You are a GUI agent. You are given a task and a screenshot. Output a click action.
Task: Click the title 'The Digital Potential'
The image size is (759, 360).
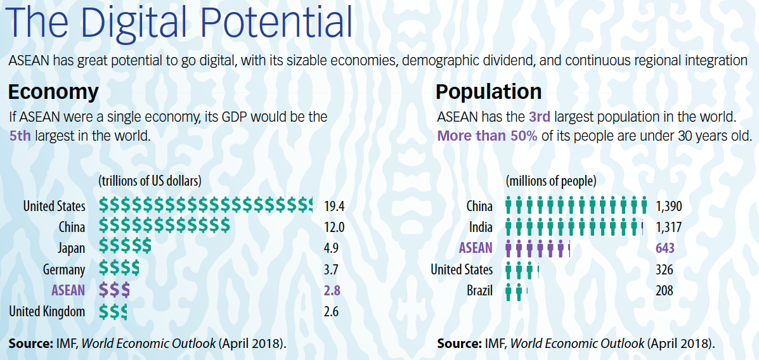click(179, 23)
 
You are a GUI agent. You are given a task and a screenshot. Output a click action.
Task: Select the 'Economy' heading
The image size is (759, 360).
click(53, 92)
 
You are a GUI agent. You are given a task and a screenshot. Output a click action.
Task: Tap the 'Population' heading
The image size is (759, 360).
click(488, 92)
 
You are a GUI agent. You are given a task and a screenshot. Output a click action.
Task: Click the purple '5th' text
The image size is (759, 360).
click(20, 136)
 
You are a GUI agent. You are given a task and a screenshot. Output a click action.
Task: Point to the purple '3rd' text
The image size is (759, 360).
click(540, 117)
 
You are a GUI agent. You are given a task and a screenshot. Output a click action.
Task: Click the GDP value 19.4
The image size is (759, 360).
click(334, 206)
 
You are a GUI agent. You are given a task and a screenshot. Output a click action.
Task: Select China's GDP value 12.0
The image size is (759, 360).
click(334, 227)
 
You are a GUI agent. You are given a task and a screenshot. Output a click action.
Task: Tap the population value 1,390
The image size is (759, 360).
click(670, 206)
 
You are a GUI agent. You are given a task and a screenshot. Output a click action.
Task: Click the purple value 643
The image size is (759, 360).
click(665, 248)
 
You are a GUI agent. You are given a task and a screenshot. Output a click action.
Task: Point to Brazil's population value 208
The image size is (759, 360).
click(665, 291)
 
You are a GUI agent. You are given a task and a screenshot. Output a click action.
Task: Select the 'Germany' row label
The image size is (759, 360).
click(64, 269)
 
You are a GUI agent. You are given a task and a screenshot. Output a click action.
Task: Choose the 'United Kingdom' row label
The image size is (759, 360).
click(47, 311)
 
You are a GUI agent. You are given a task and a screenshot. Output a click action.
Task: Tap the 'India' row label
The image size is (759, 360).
click(480, 227)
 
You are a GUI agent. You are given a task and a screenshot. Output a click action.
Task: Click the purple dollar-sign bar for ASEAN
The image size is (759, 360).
click(114, 290)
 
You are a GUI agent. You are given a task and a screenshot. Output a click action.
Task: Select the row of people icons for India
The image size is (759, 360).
click(574, 227)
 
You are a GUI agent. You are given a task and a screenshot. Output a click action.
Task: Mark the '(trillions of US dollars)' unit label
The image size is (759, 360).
click(150, 181)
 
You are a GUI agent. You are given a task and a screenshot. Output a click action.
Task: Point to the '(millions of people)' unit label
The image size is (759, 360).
click(551, 181)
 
